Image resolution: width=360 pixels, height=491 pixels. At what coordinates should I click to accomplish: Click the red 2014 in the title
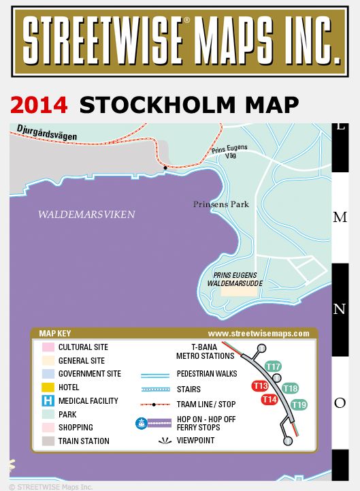pyautogui.click(x=39, y=105)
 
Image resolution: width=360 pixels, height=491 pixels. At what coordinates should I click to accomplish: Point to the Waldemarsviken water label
pyautogui.click(x=86, y=215)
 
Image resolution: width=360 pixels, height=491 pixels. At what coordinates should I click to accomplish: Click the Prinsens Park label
pyautogui.click(x=220, y=204)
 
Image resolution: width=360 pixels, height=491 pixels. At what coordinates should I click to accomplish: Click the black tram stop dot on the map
pyautogui.click(x=165, y=167)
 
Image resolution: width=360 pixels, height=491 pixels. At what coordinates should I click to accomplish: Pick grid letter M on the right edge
pyautogui.click(x=340, y=217)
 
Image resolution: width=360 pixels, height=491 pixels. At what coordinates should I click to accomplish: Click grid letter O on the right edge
pyautogui.click(x=340, y=403)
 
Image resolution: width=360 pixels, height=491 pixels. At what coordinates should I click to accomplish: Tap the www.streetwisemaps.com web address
pyautogui.click(x=259, y=334)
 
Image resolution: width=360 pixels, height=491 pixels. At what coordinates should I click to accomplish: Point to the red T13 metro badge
pyautogui.click(x=260, y=386)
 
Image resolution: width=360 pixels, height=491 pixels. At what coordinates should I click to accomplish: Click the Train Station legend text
pyautogui.click(x=84, y=441)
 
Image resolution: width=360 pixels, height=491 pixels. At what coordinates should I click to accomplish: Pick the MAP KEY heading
pyautogui.click(x=55, y=334)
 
